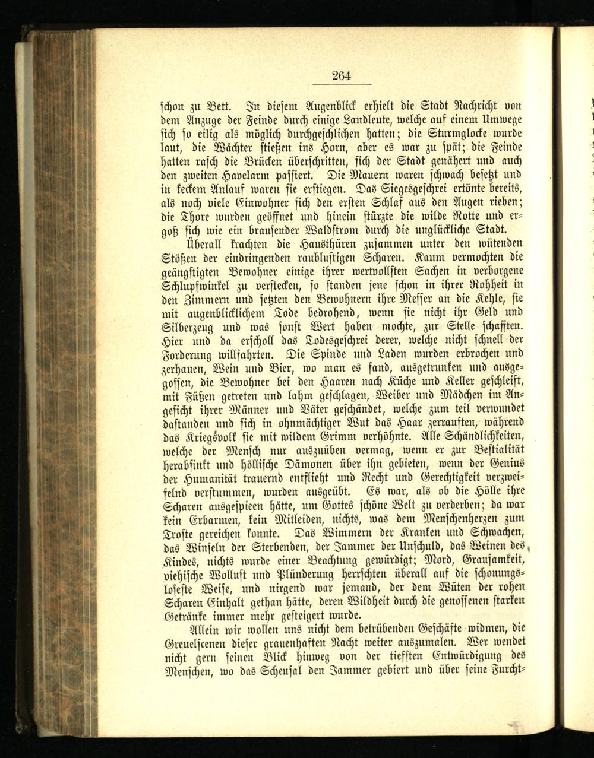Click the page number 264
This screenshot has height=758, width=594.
(342, 75)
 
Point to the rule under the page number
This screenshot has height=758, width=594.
(342, 84)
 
